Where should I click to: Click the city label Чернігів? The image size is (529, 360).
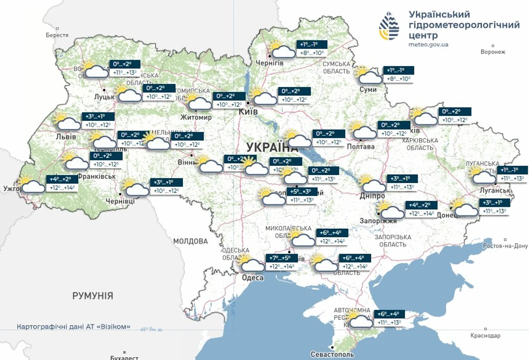pyautogui.click(x=270, y=63)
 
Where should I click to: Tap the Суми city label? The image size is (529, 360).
pyautogui.click(x=368, y=90)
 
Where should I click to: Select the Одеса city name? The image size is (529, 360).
pyautogui.click(x=253, y=277)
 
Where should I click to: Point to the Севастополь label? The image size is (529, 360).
pyautogui.click(x=332, y=354)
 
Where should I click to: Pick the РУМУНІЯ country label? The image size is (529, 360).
pyautogui.click(x=93, y=296)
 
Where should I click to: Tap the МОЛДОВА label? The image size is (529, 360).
pyautogui.click(x=190, y=241)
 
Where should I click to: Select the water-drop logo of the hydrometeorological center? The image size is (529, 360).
pyautogui.click(x=389, y=26)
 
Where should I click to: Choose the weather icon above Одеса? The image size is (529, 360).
pyautogui.click(x=250, y=263)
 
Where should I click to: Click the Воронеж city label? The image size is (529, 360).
pyautogui.click(x=493, y=52)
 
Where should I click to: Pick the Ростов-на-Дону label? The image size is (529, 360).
pyautogui.click(x=505, y=246)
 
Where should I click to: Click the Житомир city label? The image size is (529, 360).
pyautogui.click(x=196, y=117)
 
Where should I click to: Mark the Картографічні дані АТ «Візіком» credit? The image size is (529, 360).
pyautogui.click(x=74, y=327)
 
